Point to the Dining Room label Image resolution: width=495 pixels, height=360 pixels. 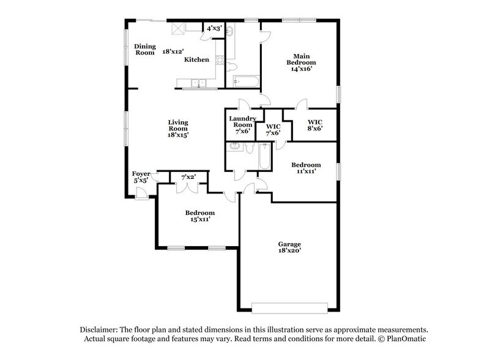[145, 49]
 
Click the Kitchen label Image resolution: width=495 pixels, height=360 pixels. [197, 59]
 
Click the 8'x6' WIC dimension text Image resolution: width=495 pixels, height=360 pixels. [314, 129]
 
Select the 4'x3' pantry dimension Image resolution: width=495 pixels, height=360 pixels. [214, 28]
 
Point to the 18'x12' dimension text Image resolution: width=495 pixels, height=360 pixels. [173, 52]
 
